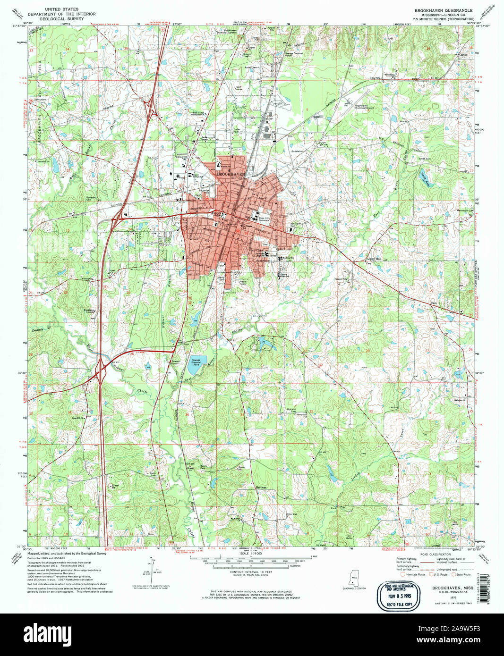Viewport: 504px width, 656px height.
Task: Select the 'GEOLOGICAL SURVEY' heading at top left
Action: coord(55,18)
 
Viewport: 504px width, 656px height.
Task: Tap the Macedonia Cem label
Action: coord(464,211)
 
